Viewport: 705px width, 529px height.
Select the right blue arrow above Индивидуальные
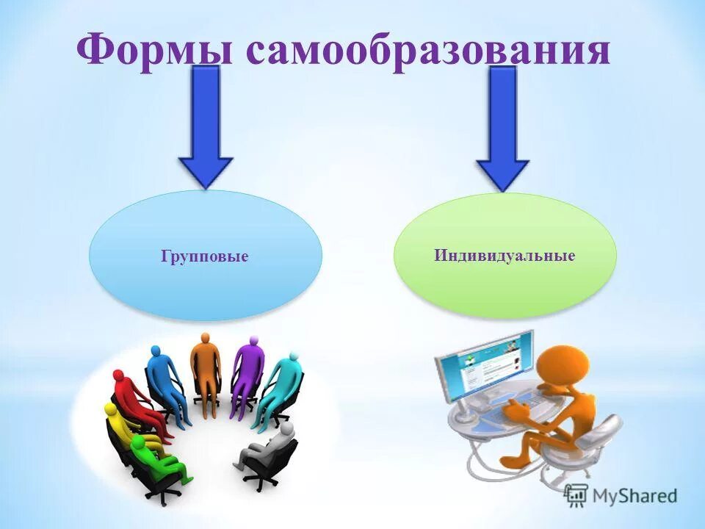[x=503, y=129]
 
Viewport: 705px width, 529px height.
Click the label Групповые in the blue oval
[x=205, y=256]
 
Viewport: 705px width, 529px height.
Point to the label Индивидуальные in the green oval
[x=504, y=256]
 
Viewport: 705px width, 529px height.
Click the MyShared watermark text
[x=636, y=496]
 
